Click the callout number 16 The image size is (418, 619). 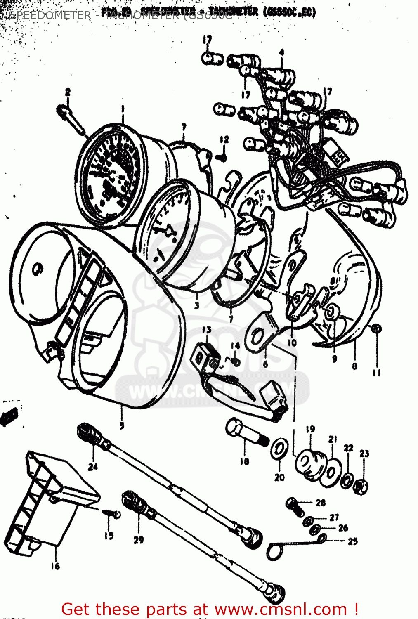click(55, 566)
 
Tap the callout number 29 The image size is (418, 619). click(139, 540)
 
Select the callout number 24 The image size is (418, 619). click(93, 467)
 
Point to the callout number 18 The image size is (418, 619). click(245, 461)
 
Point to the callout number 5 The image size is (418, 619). click(122, 425)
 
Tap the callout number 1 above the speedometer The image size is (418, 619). click(122, 109)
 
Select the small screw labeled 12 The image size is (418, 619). click(222, 157)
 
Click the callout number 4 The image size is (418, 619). click(282, 52)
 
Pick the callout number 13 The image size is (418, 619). click(207, 330)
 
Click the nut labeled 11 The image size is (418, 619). click(376, 328)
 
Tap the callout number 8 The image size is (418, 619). click(354, 366)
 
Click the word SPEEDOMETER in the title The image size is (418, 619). click(50, 16)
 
